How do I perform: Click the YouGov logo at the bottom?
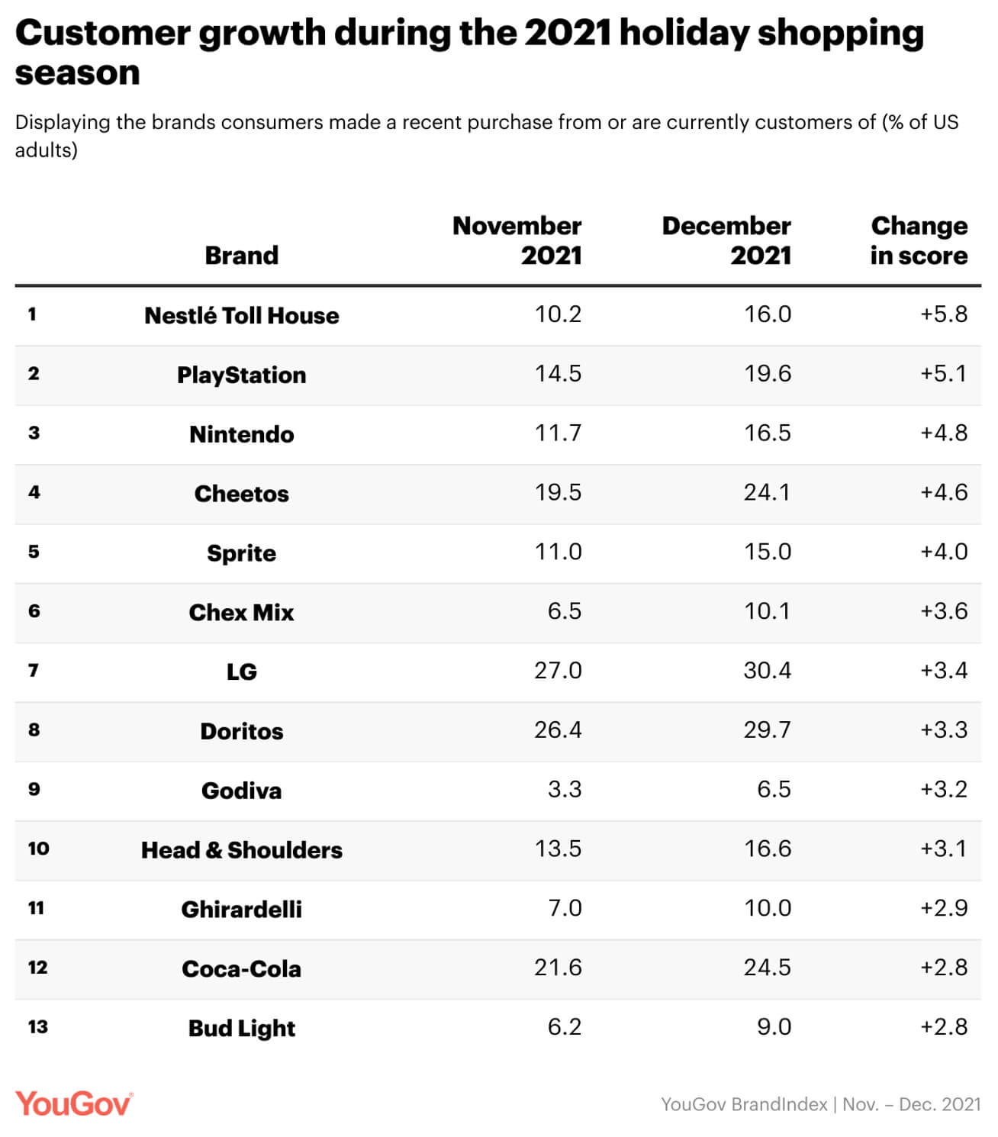pos(73,1103)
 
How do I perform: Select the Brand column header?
pos(241,256)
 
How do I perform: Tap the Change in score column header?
pos(919,240)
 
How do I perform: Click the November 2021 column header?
pos(517,240)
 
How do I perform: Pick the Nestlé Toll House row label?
pos(241,315)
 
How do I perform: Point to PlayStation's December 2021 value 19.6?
pos(767,374)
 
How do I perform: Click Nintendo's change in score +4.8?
pos(944,433)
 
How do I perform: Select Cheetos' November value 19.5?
pos(558,493)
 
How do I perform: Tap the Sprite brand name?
pos(241,553)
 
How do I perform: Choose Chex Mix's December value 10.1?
pos(767,611)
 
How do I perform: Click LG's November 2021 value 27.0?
pos(558,671)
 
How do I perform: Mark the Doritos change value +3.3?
pos(944,730)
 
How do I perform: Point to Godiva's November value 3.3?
pos(564,790)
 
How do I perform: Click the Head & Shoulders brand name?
pos(241,850)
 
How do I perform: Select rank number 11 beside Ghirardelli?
pos(36,908)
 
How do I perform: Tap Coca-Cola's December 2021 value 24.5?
pos(767,968)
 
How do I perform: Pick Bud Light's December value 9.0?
pos(774,1027)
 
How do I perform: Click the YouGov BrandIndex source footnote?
pos(820,1104)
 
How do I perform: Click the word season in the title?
pos(78,73)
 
